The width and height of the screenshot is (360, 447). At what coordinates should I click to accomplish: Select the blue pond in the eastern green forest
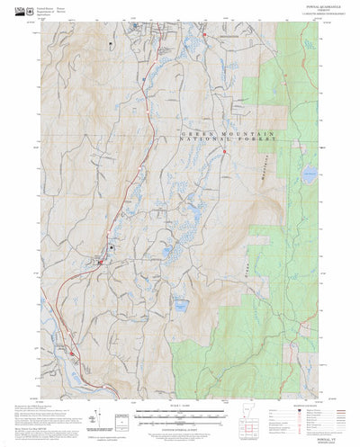coord(310,179)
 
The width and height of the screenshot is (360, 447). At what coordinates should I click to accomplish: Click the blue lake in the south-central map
coord(181,305)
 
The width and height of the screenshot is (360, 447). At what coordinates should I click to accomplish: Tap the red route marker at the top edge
coord(206,35)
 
